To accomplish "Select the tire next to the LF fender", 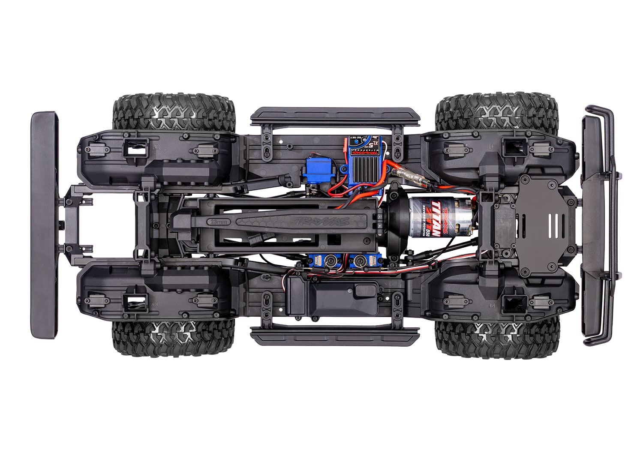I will [496, 111].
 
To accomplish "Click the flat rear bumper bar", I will [44, 225].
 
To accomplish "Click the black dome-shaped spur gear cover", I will [397, 221].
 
